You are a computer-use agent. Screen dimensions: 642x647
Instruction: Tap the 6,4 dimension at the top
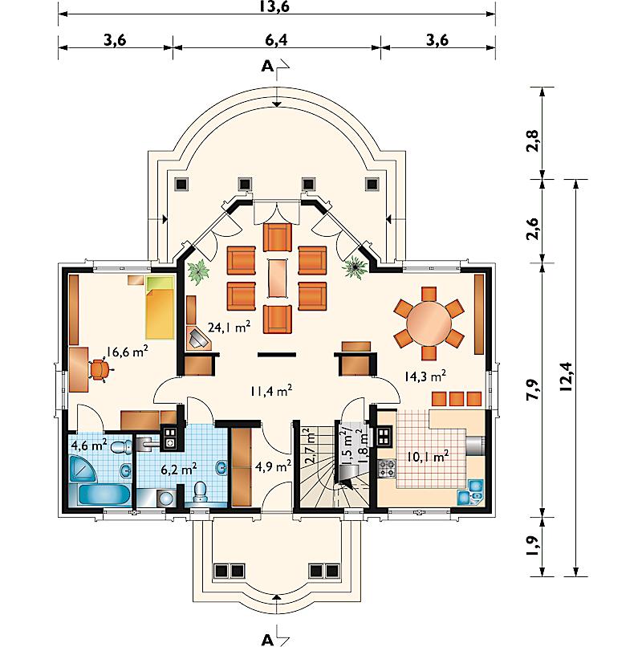pos(276,40)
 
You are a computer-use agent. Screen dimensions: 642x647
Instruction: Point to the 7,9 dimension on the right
pos(533,389)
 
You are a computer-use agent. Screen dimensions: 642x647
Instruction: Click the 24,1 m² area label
pos(229,328)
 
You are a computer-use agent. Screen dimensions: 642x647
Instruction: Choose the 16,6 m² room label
pos(127,352)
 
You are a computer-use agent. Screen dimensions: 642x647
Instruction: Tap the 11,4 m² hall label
pos(271,390)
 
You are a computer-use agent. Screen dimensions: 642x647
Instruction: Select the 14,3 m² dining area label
pos(425,376)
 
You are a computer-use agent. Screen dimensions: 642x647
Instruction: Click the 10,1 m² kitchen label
pos(428,457)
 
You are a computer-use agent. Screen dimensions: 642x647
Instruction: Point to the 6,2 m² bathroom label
pos(179,469)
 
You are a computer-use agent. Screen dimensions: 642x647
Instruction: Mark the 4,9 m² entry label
pos(274,466)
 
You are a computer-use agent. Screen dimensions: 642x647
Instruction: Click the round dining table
pos(429,323)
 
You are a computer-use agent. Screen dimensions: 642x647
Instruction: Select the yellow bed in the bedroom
pos(160,307)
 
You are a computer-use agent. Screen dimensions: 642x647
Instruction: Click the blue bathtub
pos(104,494)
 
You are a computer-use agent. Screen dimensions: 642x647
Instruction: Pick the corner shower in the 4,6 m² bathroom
pos(83,469)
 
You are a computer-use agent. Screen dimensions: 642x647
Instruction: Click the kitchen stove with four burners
pos(387,469)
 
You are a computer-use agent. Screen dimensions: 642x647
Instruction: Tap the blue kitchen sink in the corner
pos(471,492)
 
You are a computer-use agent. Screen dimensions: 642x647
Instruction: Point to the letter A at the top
pos(267,66)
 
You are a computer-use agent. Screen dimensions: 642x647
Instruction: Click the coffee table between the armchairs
pos(278,277)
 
